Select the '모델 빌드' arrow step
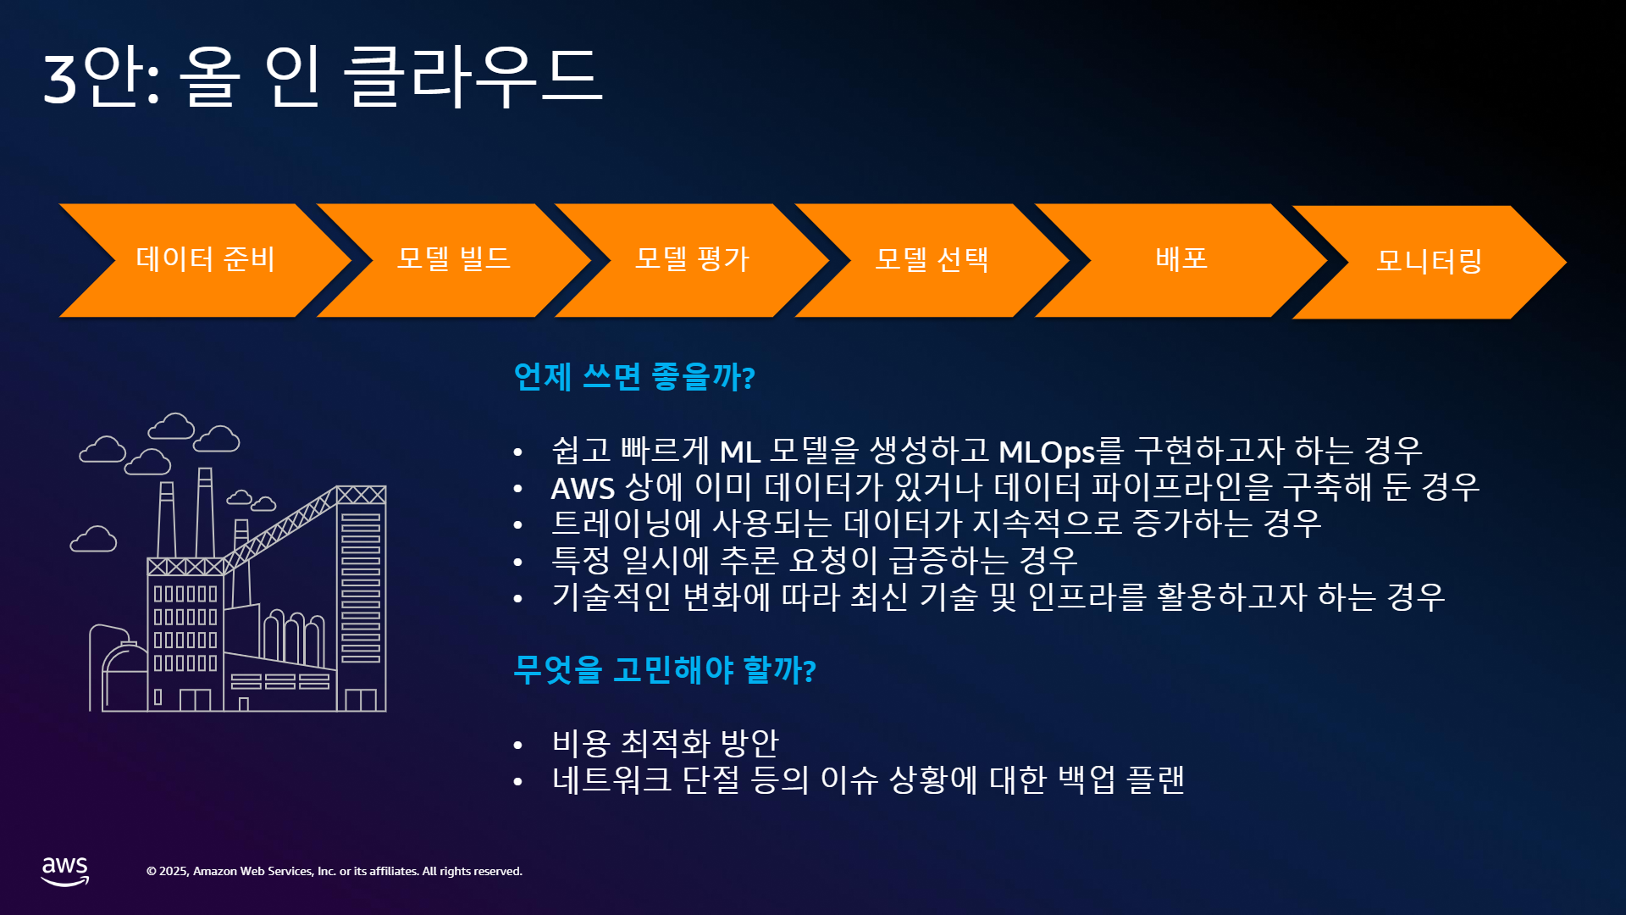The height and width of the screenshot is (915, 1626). [x=454, y=260]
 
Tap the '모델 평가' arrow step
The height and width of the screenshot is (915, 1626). [x=692, y=260]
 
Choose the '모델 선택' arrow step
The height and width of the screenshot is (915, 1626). [x=932, y=260]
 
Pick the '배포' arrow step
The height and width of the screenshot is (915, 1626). [x=1181, y=260]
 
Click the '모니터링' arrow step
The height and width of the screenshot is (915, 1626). [x=1430, y=262]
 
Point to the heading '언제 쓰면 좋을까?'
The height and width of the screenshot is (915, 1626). [x=634, y=376]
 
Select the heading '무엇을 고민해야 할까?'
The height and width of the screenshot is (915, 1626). [x=665, y=669]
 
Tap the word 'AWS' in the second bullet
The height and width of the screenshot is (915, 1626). [x=583, y=488]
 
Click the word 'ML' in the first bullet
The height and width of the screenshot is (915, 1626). [x=739, y=452]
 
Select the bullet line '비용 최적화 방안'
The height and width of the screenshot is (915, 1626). [x=665, y=743]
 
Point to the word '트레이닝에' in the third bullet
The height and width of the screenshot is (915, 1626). [x=627, y=524]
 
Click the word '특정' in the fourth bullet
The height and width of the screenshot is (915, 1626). [x=580, y=560]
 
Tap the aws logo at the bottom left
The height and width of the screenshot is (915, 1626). [x=65, y=871]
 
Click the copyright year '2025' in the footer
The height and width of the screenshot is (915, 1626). [x=174, y=871]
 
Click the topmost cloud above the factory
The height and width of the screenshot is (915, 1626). [x=172, y=426]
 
